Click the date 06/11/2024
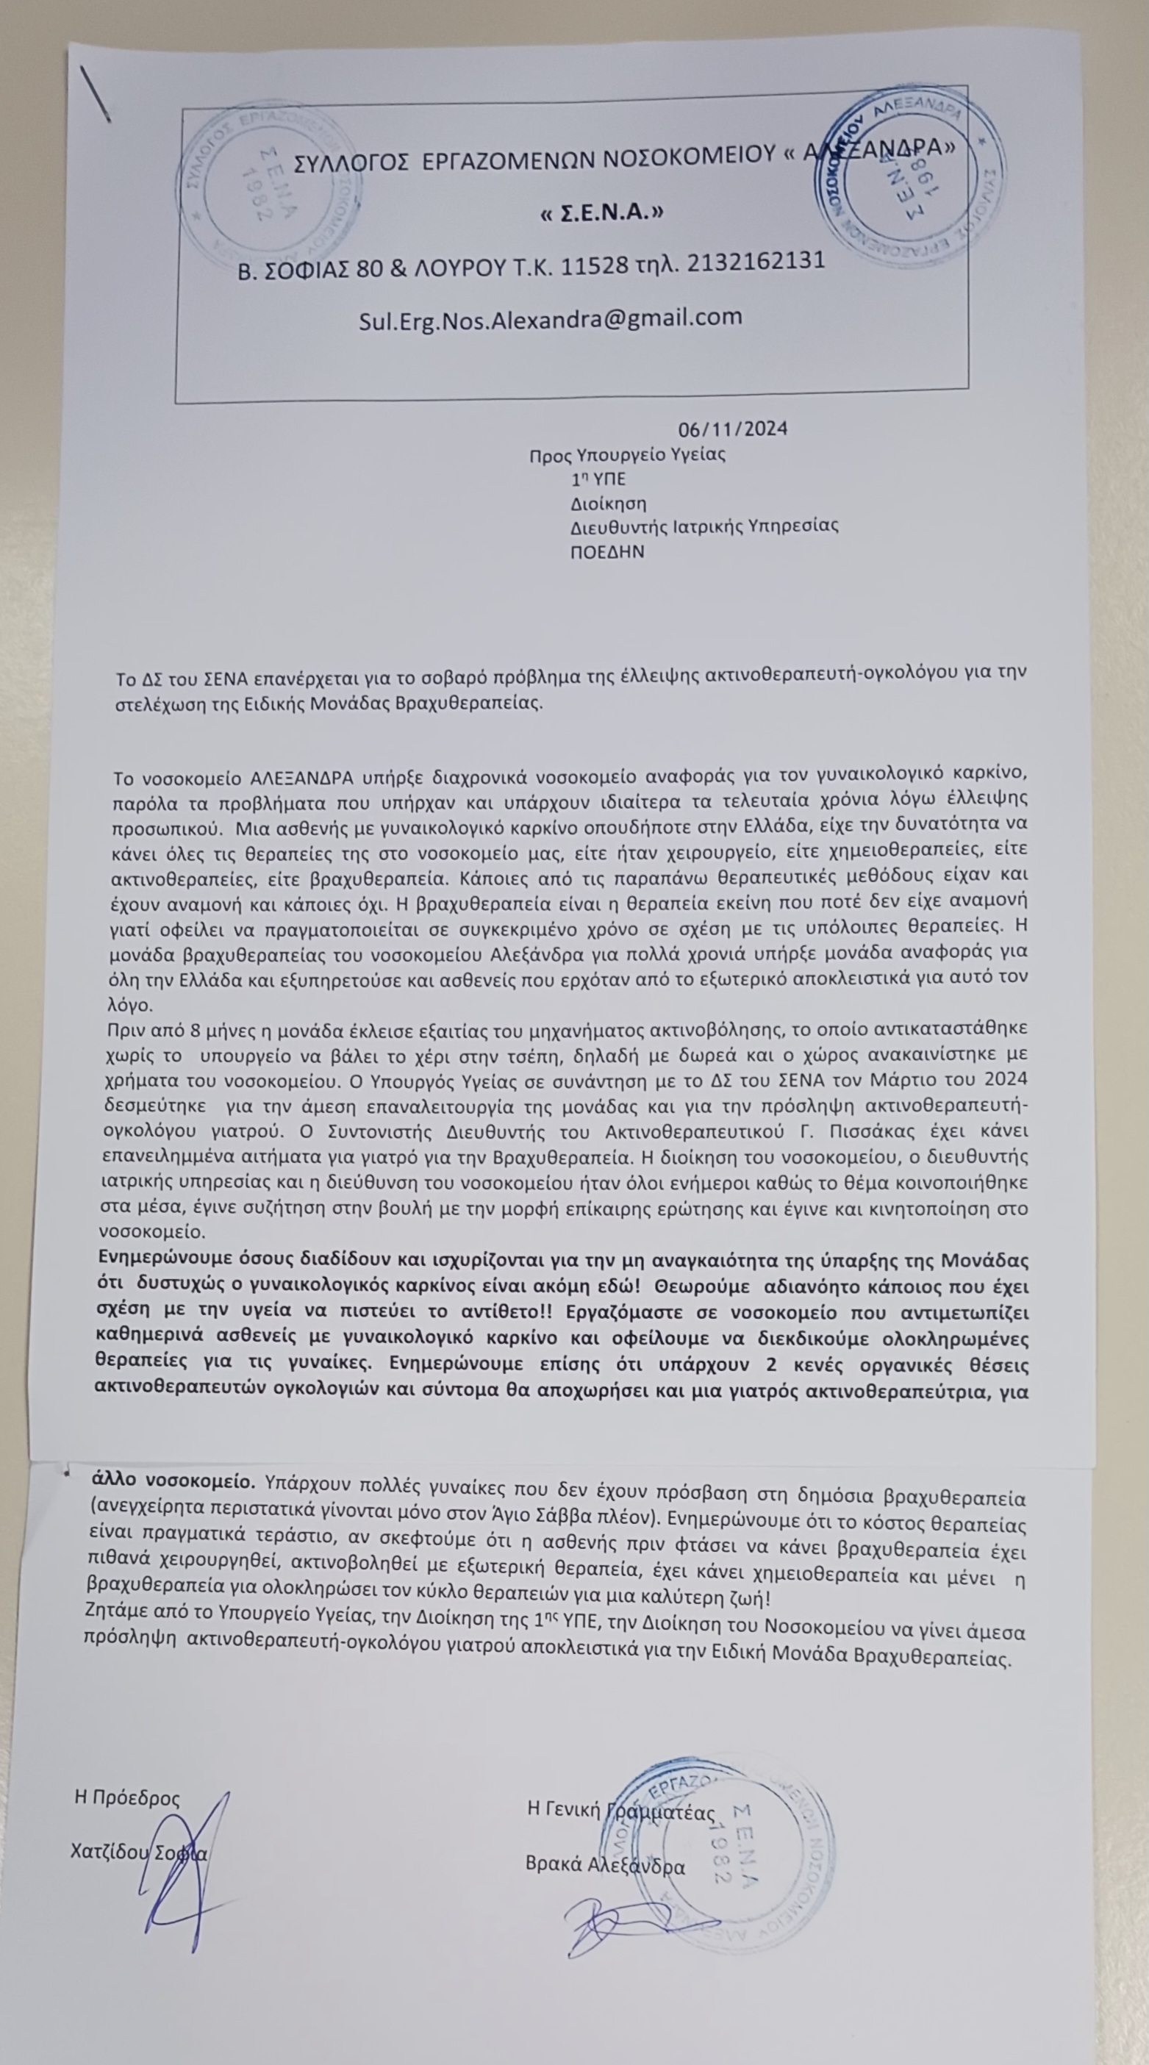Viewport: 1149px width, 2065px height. (733, 429)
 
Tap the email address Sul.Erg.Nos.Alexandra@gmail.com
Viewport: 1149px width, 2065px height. (550, 318)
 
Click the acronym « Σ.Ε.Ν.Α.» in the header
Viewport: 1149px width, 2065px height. (602, 213)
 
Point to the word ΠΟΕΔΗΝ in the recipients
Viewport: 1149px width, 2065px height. (607, 551)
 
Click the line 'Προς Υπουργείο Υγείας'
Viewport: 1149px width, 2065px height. (627, 455)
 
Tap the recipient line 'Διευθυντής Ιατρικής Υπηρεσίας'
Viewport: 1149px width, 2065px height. (704, 526)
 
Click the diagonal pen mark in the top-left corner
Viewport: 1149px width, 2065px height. (96, 93)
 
